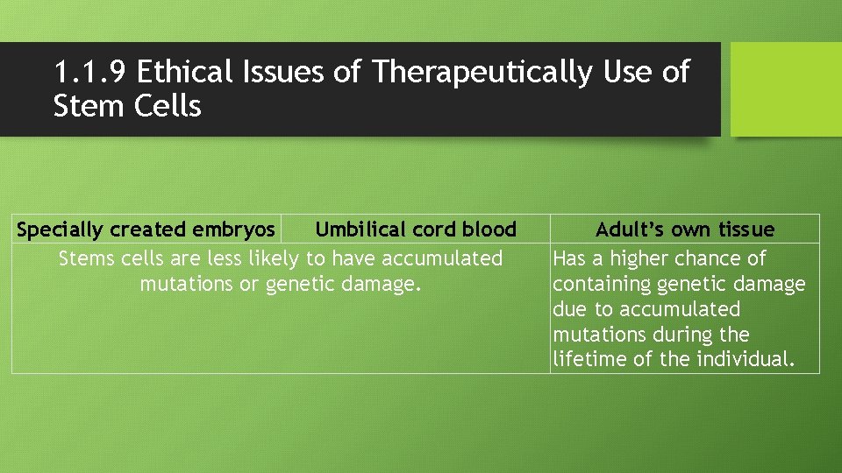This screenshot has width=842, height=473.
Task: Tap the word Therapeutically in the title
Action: point(482,72)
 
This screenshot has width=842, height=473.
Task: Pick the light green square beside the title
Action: point(786,89)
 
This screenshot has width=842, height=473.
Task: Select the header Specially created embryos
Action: point(146,229)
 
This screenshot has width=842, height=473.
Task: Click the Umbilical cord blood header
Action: point(416,229)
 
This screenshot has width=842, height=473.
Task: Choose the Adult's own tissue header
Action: point(685,229)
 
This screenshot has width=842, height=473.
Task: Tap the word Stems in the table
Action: point(84,258)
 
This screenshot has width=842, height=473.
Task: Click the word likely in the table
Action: point(274,258)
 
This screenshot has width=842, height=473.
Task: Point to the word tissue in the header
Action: point(745,229)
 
